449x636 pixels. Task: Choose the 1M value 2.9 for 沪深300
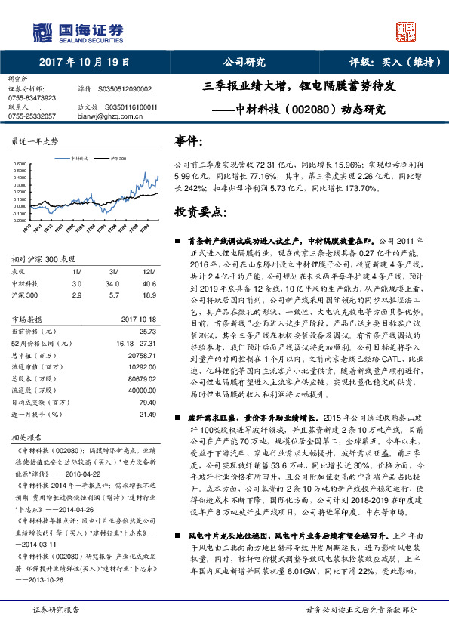77,295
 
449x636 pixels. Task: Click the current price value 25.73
148,332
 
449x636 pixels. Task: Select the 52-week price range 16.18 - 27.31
136,343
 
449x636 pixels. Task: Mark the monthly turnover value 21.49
148,415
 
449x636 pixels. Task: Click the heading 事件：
189,141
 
